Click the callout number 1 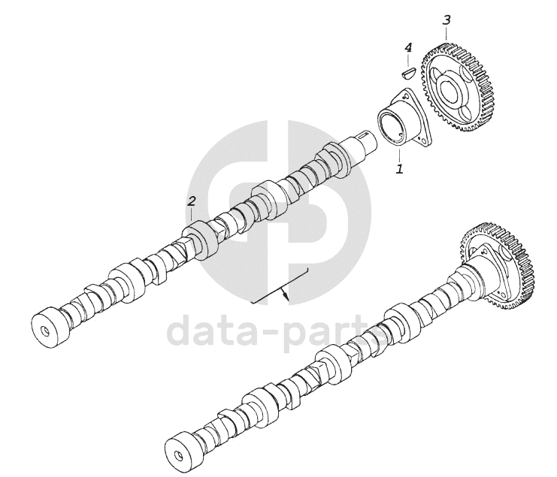pyautogui.click(x=400, y=168)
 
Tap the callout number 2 pyautogui.click(x=192, y=201)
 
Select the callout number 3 pyautogui.click(x=447, y=20)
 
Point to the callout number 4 pyautogui.click(x=408, y=47)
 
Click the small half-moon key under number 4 pyautogui.click(x=408, y=73)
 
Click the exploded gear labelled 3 pyautogui.click(x=453, y=86)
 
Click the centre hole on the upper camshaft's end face pyautogui.click(x=45, y=331)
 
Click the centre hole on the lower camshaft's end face pyautogui.click(x=179, y=454)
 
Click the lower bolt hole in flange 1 pyautogui.click(x=420, y=139)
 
